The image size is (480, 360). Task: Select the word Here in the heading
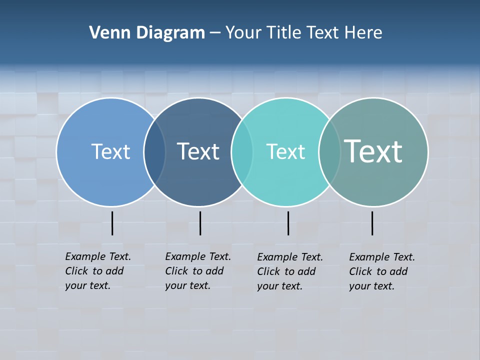coord(363,33)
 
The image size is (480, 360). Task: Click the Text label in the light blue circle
coord(110,151)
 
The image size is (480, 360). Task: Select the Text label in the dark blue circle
coord(198,151)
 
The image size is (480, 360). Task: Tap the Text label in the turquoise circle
coord(285,151)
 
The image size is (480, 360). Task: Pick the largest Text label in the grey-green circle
coord(373,151)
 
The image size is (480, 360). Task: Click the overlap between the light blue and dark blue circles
coord(155,152)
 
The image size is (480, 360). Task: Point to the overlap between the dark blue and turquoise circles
coord(242,152)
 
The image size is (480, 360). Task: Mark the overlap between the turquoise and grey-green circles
coord(329,152)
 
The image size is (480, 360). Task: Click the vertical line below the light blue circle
coord(112,223)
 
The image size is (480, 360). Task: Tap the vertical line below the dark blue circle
coord(200,223)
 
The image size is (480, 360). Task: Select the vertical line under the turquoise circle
coord(288,223)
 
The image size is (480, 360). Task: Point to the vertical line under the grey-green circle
coord(372,223)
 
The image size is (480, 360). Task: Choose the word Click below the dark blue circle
coord(176,271)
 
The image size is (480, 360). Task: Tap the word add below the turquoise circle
coord(306,271)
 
